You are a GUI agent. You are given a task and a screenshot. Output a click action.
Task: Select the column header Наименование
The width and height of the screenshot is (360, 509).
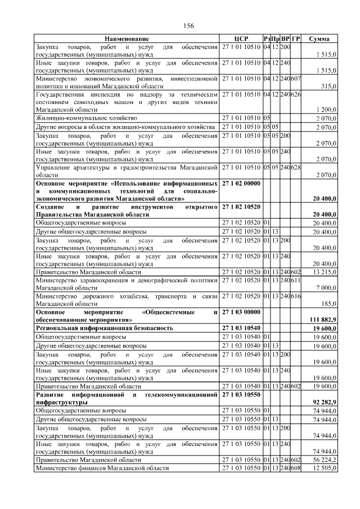tap(127, 39)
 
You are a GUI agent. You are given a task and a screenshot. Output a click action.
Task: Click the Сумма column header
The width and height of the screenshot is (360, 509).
tap(323, 39)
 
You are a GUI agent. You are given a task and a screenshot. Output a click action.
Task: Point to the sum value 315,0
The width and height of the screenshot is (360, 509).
tap(328, 86)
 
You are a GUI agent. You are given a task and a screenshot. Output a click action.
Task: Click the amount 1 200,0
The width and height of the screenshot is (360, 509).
tap(326, 110)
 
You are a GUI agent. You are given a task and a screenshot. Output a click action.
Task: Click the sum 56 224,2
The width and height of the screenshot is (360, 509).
tap(325, 459)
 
